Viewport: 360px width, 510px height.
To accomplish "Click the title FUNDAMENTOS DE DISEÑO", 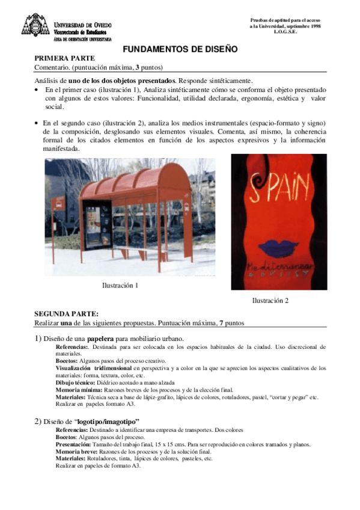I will [x=180, y=49].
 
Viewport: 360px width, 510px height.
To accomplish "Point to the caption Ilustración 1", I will [x=121, y=285].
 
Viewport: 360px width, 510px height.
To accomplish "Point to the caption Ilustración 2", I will [x=270, y=300].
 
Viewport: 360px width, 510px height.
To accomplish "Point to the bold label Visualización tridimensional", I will [x=93, y=366].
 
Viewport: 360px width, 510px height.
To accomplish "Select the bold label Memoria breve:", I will [x=76, y=451].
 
